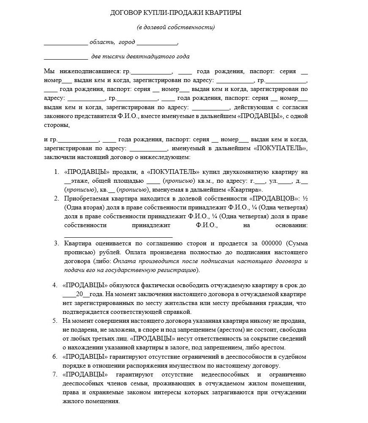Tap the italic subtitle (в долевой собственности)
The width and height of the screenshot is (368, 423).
coord(176,27)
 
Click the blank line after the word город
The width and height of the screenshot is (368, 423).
coord(157,43)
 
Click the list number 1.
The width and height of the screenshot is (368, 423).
coord(57,172)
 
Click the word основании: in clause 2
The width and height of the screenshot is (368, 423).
coord(291,226)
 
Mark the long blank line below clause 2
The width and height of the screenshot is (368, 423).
coord(118,236)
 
